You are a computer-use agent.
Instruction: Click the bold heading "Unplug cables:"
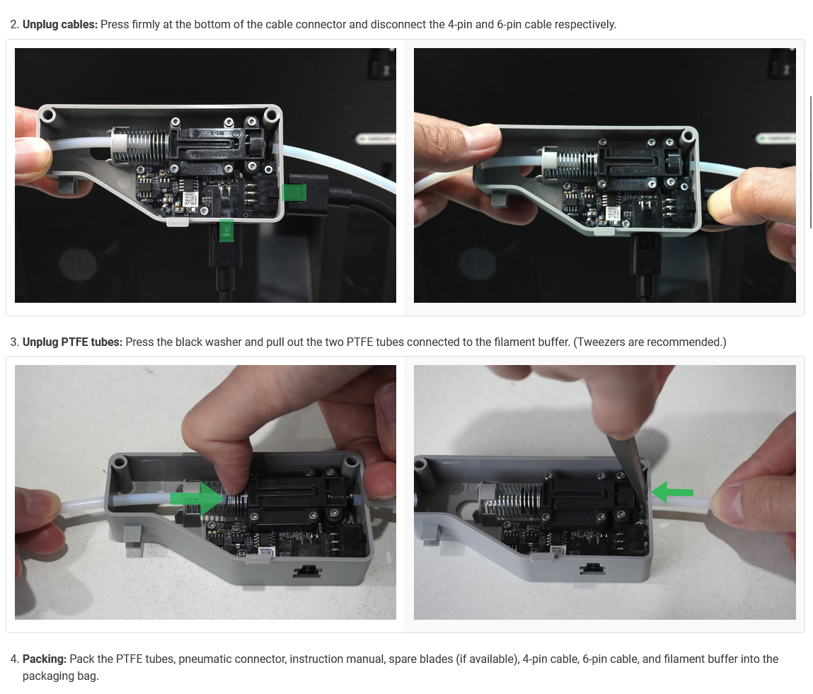pyautogui.click(x=60, y=24)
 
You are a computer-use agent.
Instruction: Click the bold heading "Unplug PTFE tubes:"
pyautogui.click(x=73, y=342)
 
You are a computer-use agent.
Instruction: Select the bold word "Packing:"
pyautogui.click(x=45, y=659)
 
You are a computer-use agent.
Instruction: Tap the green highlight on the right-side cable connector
pyautogui.click(x=294, y=193)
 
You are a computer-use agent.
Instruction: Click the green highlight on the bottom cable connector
pyautogui.click(x=226, y=230)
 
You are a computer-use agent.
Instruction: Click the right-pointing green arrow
pyautogui.click(x=197, y=499)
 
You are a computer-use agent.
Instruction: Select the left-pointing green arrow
pyautogui.click(x=672, y=492)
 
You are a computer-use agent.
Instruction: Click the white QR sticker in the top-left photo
pyautogui.click(x=190, y=200)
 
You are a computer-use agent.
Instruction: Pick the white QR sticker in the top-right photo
pyautogui.click(x=613, y=214)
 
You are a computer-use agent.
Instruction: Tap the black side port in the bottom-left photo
pyautogui.click(x=308, y=571)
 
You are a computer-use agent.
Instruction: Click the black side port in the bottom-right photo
pyautogui.click(x=592, y=569)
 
